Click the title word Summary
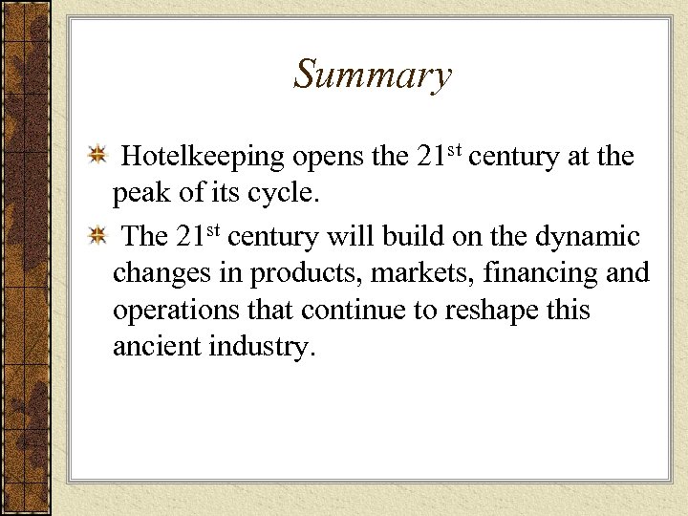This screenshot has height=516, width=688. point(372,75)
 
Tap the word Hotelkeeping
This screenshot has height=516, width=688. point(204,157)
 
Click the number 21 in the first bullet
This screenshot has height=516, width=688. point(430,157)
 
